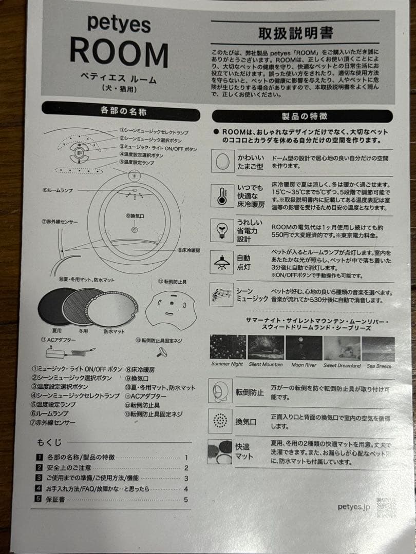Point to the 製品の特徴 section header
click(x=304, y=116)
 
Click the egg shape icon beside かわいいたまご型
click(x=222, y=161)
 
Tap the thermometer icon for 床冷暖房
click(x=222, y=196)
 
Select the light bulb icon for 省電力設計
click(x=222, y=230)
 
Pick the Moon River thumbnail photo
click(x=304, y=348)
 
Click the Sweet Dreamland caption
click(x=342, y=365)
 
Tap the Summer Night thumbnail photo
click(x=228, y=348)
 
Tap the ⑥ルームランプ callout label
click(x=58, y=190)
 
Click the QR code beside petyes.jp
click(x=386, y=507)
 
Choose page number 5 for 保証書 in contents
click(x=186, y=499)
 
